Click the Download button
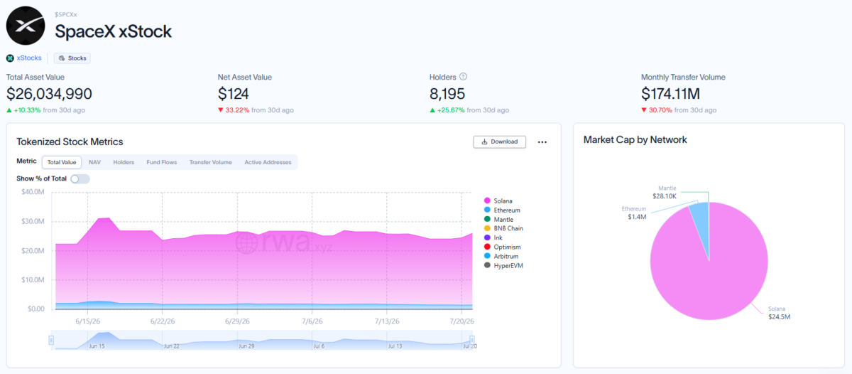tap(499, 141)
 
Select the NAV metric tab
tap(94, 162)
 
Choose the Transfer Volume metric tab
tap(210, 162)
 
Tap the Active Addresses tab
tap(268, 162)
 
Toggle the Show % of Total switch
tap(80, 178)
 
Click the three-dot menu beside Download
tap(542, 142)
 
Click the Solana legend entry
tap(498, 201)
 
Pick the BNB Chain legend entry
tap(503, 228)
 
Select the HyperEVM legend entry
tap(503, 265)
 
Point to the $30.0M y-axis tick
tap(33, 221)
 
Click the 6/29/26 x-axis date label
tap(237, 321)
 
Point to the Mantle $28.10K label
tap(665, 192)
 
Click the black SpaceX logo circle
tap(26, 26)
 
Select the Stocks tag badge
tap(72, 58)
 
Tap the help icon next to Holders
tap(463, 77)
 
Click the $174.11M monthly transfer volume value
tap(670, 94)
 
